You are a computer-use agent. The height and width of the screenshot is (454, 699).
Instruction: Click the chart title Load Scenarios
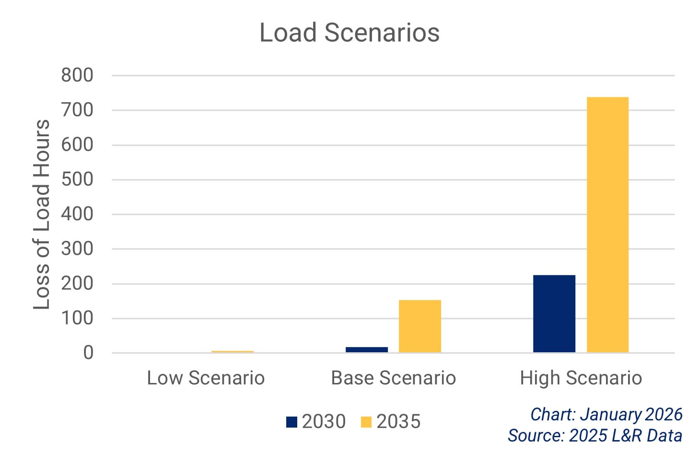click(349, 33)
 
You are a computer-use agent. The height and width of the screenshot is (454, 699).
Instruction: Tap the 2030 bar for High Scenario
click(554, 314)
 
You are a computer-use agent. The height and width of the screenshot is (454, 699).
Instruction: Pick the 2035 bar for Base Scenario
click(419, 326)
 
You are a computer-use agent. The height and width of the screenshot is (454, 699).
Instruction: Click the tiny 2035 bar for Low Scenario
click(233, 352)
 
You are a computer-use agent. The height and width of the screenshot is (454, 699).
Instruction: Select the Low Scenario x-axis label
click(206, 378)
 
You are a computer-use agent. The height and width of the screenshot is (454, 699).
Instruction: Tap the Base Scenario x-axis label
click(393, 378)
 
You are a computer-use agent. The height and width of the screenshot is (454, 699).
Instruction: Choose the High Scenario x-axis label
click(581, 378)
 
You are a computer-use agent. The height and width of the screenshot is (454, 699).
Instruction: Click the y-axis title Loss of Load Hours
click(42, 214)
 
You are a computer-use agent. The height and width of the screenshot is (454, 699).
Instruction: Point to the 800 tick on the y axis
click(77, 75)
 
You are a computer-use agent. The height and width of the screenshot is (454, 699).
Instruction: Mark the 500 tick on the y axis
click(77, 179)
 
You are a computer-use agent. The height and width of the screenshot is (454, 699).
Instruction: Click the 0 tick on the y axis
click(88, 353)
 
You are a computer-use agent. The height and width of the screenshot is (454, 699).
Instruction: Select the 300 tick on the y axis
click(77, 249)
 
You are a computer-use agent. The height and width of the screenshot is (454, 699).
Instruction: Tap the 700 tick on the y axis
click(77, 110)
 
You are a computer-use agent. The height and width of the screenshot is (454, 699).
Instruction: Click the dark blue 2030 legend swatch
click(291, 422)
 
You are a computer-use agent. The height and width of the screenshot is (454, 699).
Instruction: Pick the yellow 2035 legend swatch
click(366, 422)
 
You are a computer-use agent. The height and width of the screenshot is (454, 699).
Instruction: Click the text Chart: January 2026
click(606, 414)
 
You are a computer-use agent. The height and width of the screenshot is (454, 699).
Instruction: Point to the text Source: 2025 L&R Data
click(595, 435)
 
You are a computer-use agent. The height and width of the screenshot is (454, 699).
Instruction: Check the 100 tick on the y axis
click(77, 318)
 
